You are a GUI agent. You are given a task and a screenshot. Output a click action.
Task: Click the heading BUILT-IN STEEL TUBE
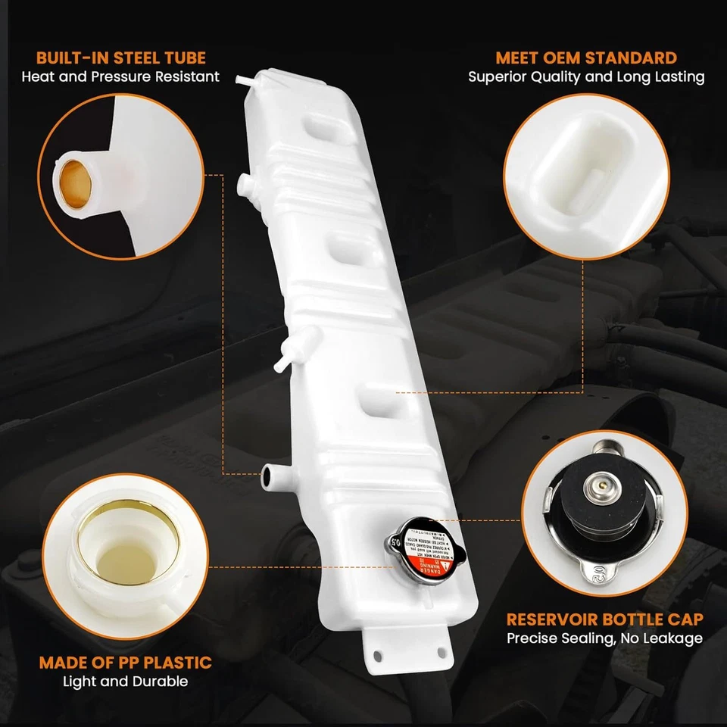(120, 58)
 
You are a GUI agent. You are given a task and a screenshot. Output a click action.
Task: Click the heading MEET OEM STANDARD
(586, 58)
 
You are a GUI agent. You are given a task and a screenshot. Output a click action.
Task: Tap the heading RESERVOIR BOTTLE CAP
(604, 619)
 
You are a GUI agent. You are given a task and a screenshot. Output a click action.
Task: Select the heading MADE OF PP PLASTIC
(125, 663)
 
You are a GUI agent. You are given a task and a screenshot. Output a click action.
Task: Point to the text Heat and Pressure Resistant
(120, 76)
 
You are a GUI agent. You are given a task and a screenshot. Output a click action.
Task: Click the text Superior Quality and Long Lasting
(586, 76)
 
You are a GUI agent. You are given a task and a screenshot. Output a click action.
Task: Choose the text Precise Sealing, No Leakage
(604, 638)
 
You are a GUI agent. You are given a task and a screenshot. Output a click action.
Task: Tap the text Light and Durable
(125, 682)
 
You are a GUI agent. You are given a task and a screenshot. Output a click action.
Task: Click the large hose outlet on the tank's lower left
(270, 476)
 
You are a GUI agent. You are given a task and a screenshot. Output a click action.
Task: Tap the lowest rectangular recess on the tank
(380, 398)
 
